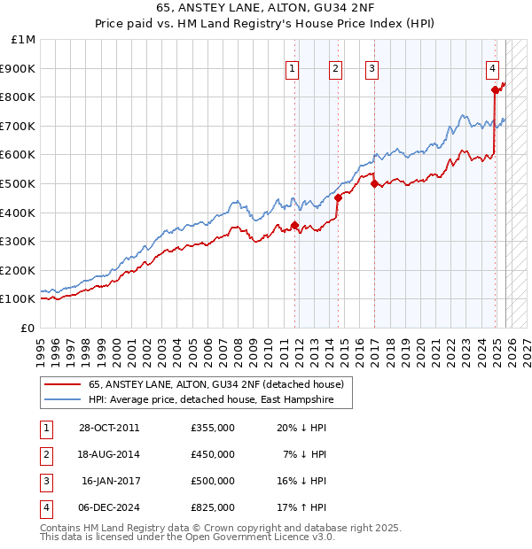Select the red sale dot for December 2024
point(495,89)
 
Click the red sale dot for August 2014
point(338,197)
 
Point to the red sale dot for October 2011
point(295,225)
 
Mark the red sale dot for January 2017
point(374,183)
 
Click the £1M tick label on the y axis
point(23,40)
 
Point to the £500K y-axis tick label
point(19,183)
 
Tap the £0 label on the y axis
point(27,328)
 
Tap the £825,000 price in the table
point(213,507)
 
